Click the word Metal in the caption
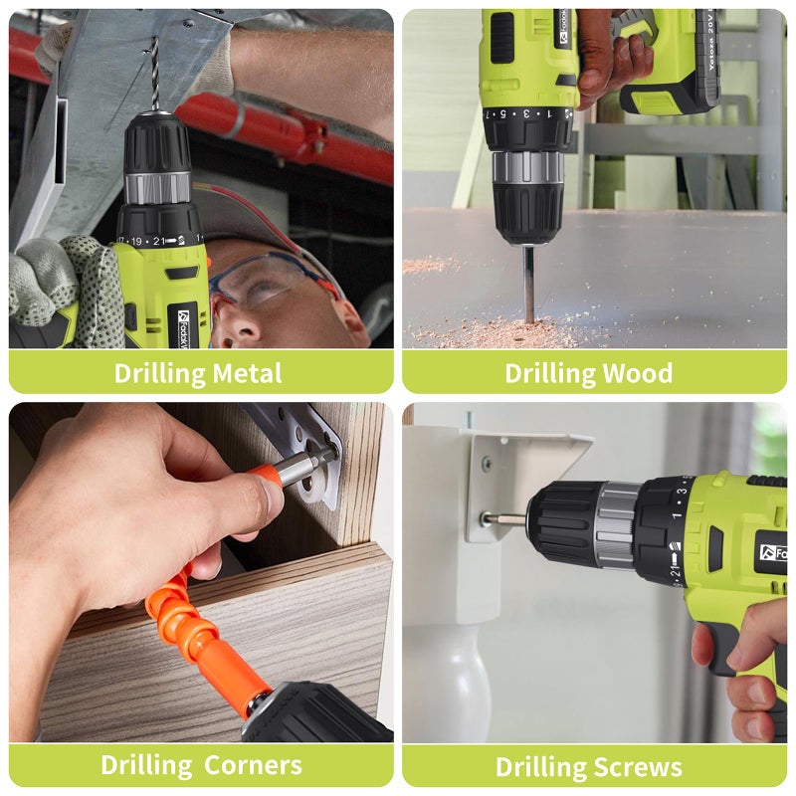point(247,374)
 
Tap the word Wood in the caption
point(638,374)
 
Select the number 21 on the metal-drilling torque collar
point(159,241)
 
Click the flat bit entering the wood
point(529,285)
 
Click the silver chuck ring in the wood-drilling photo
point(528,167)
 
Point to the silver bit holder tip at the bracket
point(310,465)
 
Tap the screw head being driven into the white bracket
point(486,519)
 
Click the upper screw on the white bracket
point(487,463)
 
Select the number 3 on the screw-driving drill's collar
point(684,491)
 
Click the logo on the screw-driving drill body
point(772,552)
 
